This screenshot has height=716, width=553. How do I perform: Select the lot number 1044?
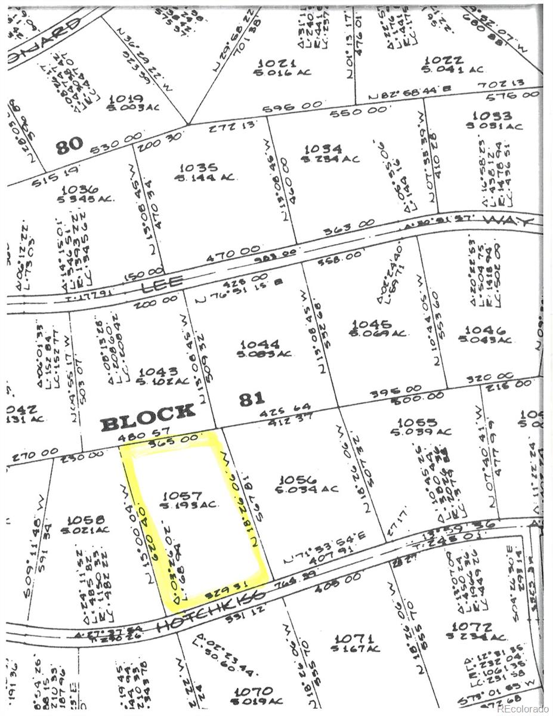coord(259,344)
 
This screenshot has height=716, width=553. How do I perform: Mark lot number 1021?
coord(277,63)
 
